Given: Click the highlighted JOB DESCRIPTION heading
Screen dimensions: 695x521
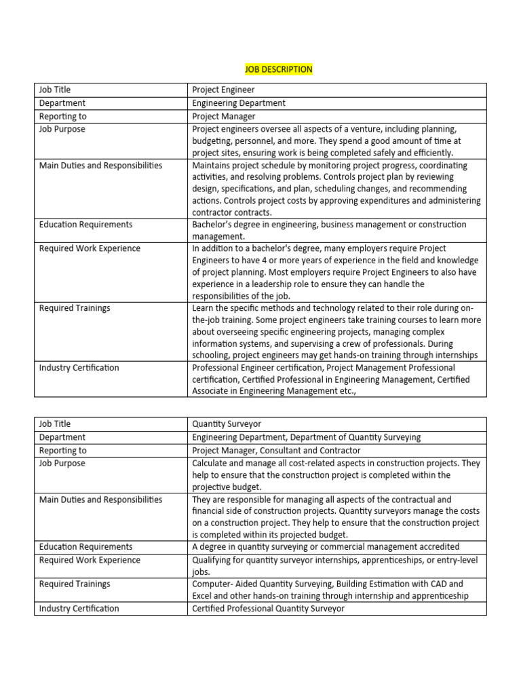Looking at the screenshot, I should [x=278, y=69].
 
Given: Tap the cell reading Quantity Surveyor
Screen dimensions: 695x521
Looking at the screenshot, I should [x=226, y=424].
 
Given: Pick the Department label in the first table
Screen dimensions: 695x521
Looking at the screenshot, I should [x=62, y=103].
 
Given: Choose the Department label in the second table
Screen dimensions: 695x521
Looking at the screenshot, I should [x=62, y=437].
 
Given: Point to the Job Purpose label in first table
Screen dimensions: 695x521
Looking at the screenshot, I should [x=62, y=129].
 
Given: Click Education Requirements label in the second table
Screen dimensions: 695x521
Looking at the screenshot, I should [x=85, y=546].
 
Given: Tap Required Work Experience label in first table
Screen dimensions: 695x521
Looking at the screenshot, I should [x=90, y=248].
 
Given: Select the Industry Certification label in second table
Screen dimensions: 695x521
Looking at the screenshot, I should [x=79, y=609].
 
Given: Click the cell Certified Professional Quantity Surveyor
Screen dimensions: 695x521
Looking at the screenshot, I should [x=268, y=609].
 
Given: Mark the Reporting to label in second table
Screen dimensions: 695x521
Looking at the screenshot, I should [x=63, y=450].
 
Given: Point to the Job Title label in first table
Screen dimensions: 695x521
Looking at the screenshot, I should [x=55, y=90].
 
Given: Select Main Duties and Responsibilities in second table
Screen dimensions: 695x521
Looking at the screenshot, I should [x=100, y=500].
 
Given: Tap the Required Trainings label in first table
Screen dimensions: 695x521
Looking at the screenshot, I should [x=75, y=308].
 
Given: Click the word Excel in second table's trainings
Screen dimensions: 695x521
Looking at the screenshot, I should [x=204, y=596].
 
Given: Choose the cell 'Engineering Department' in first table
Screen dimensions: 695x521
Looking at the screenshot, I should [x=239, y=103].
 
